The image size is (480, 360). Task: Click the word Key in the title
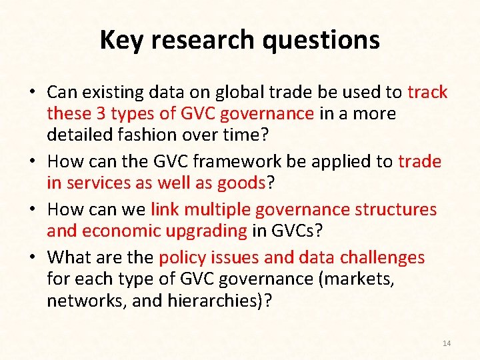[122, 40]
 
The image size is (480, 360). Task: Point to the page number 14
[447, 343]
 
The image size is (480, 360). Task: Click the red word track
[427, 92]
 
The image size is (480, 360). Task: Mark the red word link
[165, 209]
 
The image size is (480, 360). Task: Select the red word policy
[182, 257]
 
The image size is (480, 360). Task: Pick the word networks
[86, 300]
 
